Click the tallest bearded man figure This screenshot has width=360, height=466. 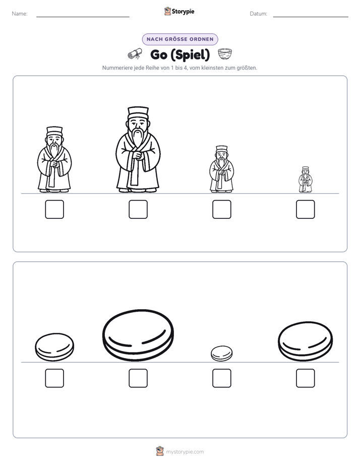pos(138,149)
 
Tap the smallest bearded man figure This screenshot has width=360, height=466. pos(306,180)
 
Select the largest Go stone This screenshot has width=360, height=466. pos(138,335)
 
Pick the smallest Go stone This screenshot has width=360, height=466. pos(221,354)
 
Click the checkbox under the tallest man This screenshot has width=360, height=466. pos(138,209)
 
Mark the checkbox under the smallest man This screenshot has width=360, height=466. pos(306,209)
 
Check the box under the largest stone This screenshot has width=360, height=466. pos(138,378)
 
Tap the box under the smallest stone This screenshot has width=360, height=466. pos(222,378)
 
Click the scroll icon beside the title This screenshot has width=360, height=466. pos(135,54)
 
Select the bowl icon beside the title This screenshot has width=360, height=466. pos(225,54)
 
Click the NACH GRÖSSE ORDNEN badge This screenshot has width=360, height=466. pos(180,39)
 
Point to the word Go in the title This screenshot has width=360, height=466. pos(159,54)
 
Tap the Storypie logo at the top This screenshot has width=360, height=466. pos(179,11)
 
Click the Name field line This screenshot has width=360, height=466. pos(83,17)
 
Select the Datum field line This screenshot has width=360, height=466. pos(311,17)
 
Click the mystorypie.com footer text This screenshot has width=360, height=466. pos(185,452)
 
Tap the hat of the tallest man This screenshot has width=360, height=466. pos(138,112)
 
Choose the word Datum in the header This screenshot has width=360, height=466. pos(258,14)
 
